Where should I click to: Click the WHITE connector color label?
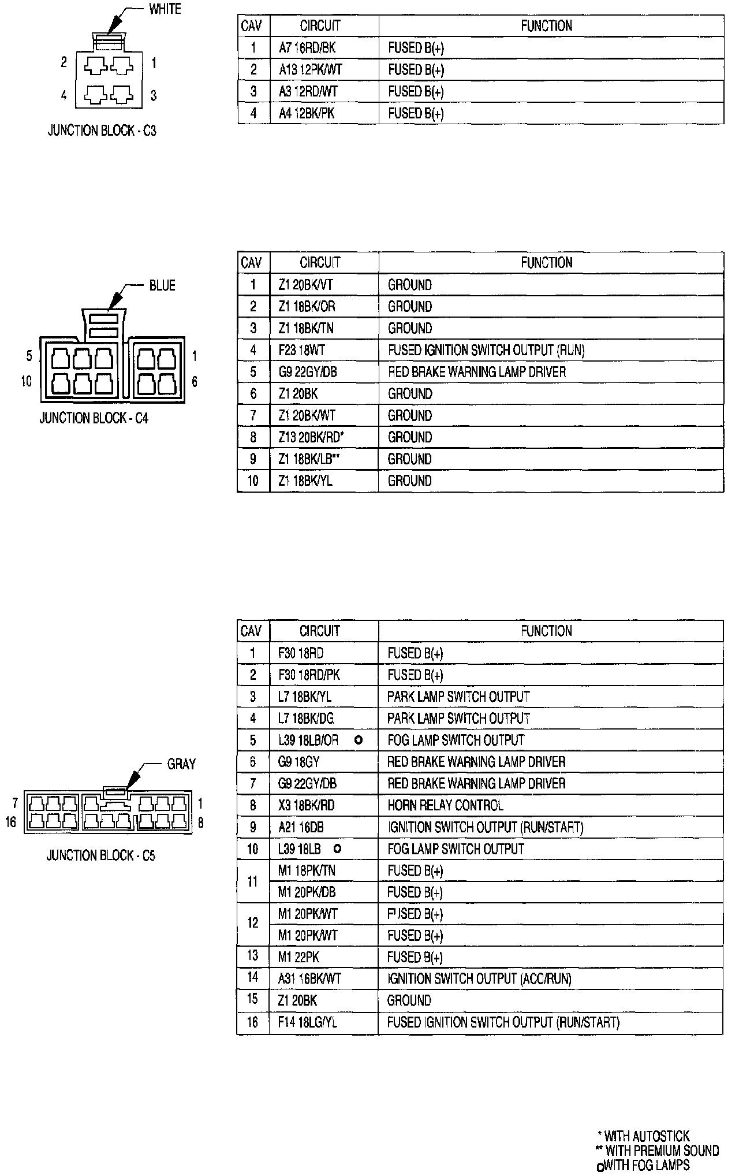coord(165,9)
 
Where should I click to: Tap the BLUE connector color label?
coord(162,286)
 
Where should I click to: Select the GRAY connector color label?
coord(181,764)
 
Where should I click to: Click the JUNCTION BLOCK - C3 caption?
coord(102,131)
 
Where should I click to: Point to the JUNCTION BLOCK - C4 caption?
coord(94,418)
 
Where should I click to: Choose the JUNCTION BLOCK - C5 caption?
coord(100,855)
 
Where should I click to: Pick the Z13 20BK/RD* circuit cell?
coord(311,437)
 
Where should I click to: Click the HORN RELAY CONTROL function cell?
coord(445,805)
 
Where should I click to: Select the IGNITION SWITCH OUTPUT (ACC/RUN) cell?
coord(479,978)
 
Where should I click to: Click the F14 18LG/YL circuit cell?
coord(307,1022)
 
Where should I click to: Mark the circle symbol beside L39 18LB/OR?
coord(359,740)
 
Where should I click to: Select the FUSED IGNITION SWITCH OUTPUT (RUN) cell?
coord(486,350)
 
